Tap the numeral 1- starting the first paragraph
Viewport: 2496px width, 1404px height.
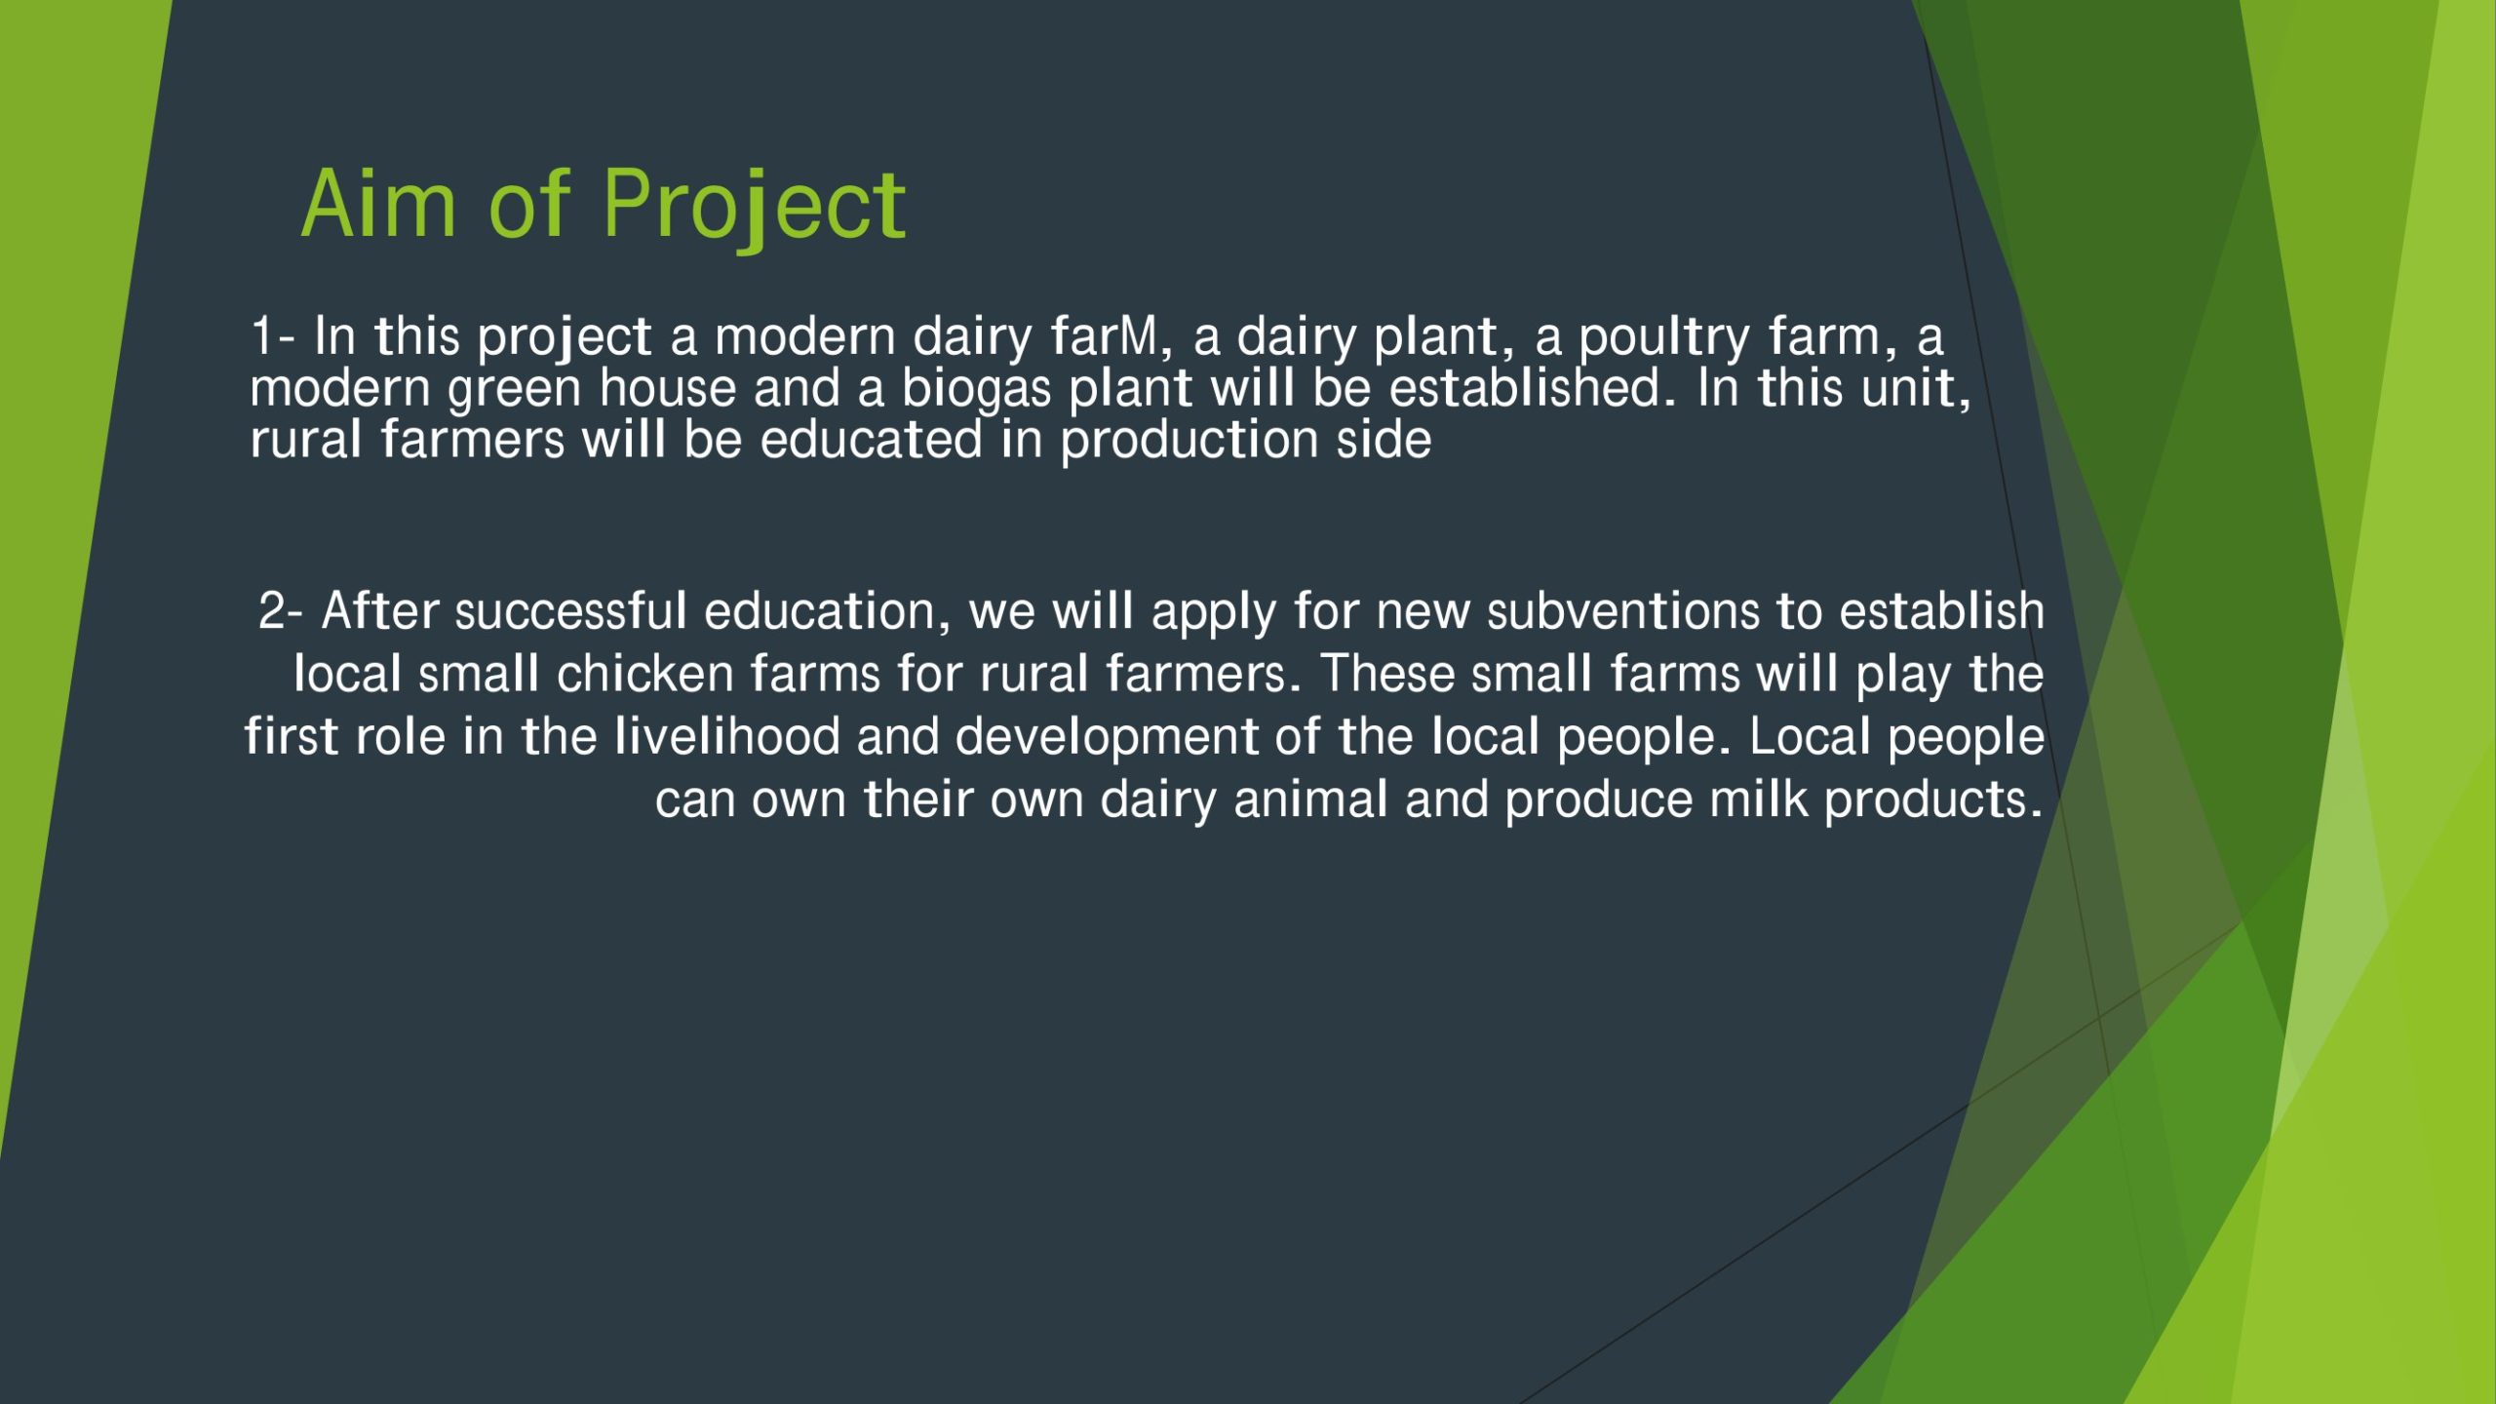tap(273, 336)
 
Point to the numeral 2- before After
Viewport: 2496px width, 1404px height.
tap(281, 611)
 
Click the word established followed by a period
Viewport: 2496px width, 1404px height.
tap(1532, 387)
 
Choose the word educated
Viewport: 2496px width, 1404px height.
tap(871, 440)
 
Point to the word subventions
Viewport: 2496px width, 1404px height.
tap(1623, 611)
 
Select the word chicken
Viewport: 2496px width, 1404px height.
tap(644, 674)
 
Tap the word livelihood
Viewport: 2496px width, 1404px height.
tap(727, 736)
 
